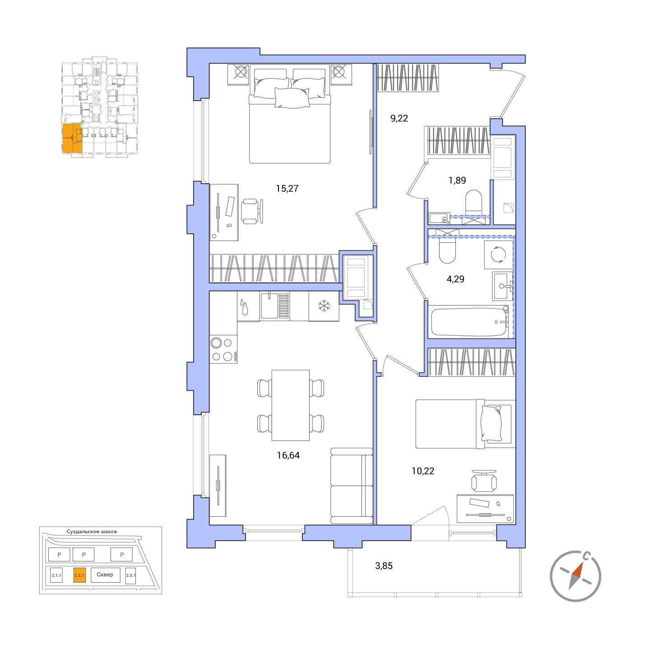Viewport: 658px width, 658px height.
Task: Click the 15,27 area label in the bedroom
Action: [x=287, y=189]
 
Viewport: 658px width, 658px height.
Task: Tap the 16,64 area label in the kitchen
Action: [x=288, y=455]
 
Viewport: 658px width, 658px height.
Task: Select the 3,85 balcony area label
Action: [x=384, y=566]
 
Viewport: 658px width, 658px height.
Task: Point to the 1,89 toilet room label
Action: [x=457, y=180]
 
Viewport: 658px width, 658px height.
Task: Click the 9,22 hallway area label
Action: [x=399, y=119]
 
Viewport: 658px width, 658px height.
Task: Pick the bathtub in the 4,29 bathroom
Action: [x=469, y=322]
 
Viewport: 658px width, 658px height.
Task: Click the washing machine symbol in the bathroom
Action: [x=499, y=255]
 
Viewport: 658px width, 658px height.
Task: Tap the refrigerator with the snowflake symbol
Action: [x=324, y=306]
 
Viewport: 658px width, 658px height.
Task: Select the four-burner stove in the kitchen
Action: [x=223, y=349]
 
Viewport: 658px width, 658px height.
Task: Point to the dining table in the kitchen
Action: [x=290, y=405]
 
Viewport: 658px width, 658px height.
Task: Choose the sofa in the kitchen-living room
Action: [x=352, y=486]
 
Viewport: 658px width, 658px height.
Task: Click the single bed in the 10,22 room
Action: [x=465, y=424]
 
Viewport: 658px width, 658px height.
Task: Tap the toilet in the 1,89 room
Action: [x=473, y=202]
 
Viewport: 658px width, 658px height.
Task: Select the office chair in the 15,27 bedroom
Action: [x=252, y=211]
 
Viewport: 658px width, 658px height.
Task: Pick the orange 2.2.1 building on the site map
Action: [x=79, y=575]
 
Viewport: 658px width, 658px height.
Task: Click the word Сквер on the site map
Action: [x=105, y=575]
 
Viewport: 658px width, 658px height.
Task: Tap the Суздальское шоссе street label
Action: [x=92, y=532]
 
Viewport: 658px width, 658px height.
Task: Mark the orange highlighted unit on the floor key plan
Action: [x=72, y=138]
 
